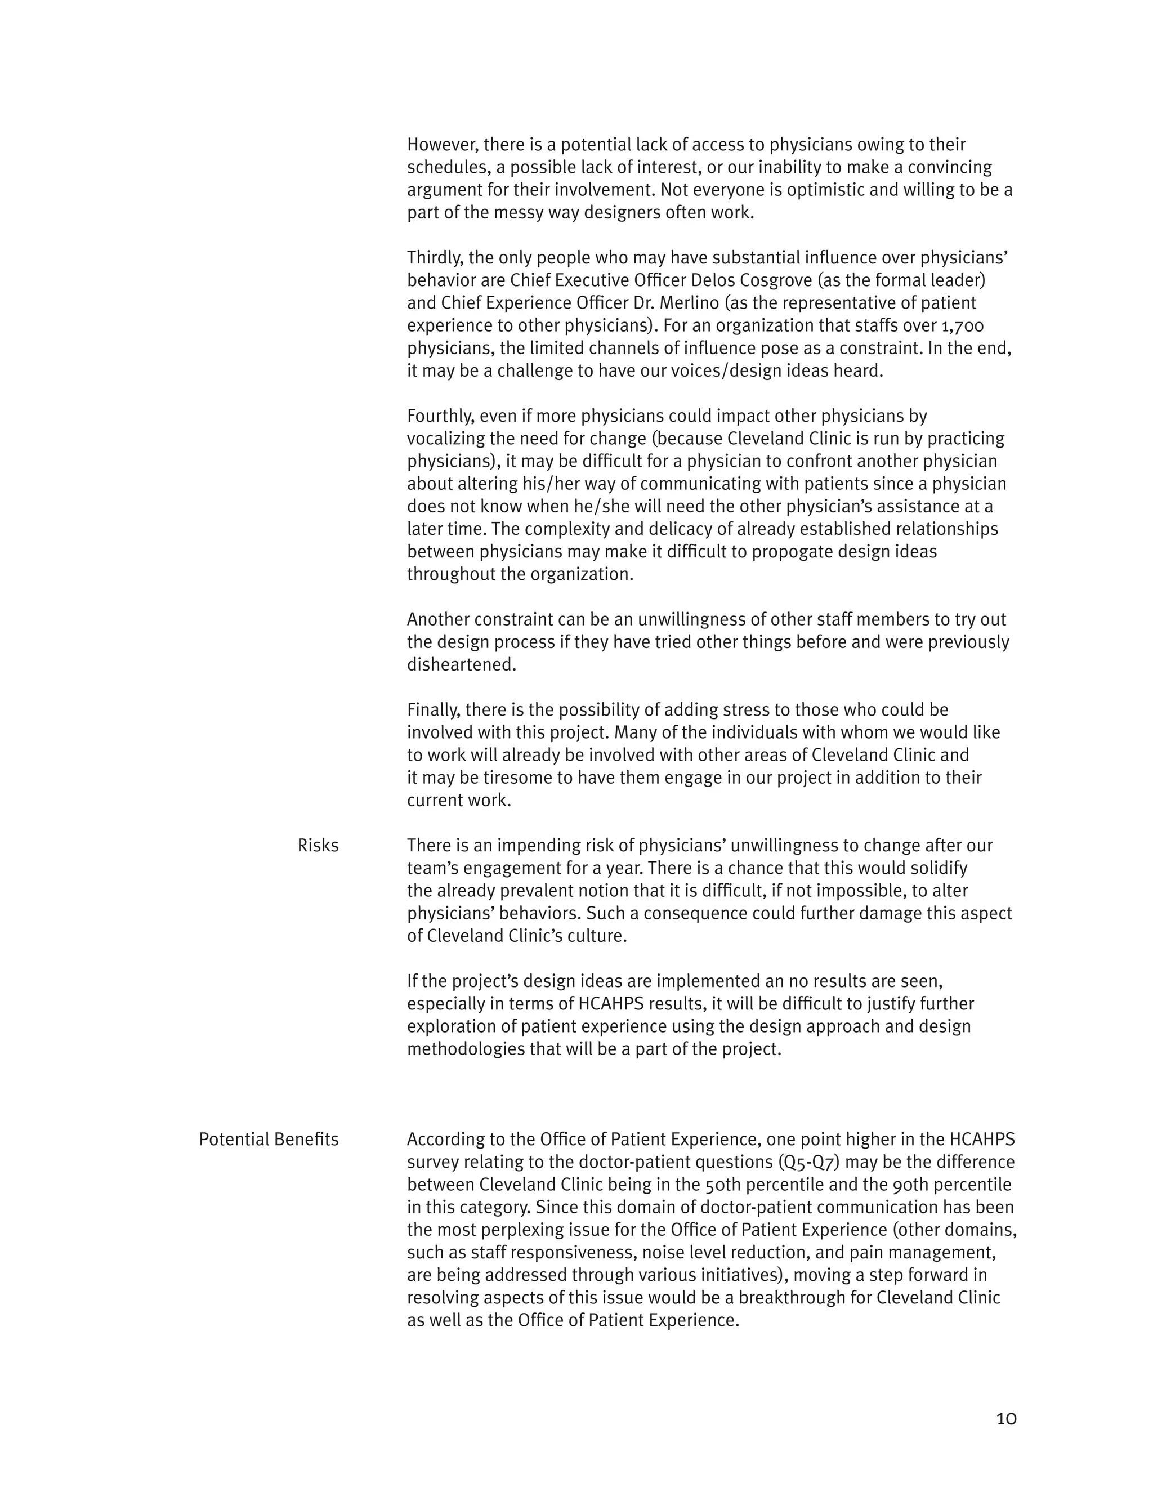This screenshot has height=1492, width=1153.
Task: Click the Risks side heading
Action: tap(318, 846)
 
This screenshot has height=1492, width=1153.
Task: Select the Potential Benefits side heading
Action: tap(269, 1140)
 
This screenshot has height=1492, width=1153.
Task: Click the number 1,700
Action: tap(960, 326)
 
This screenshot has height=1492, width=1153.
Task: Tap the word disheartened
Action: tap(461, 665)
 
